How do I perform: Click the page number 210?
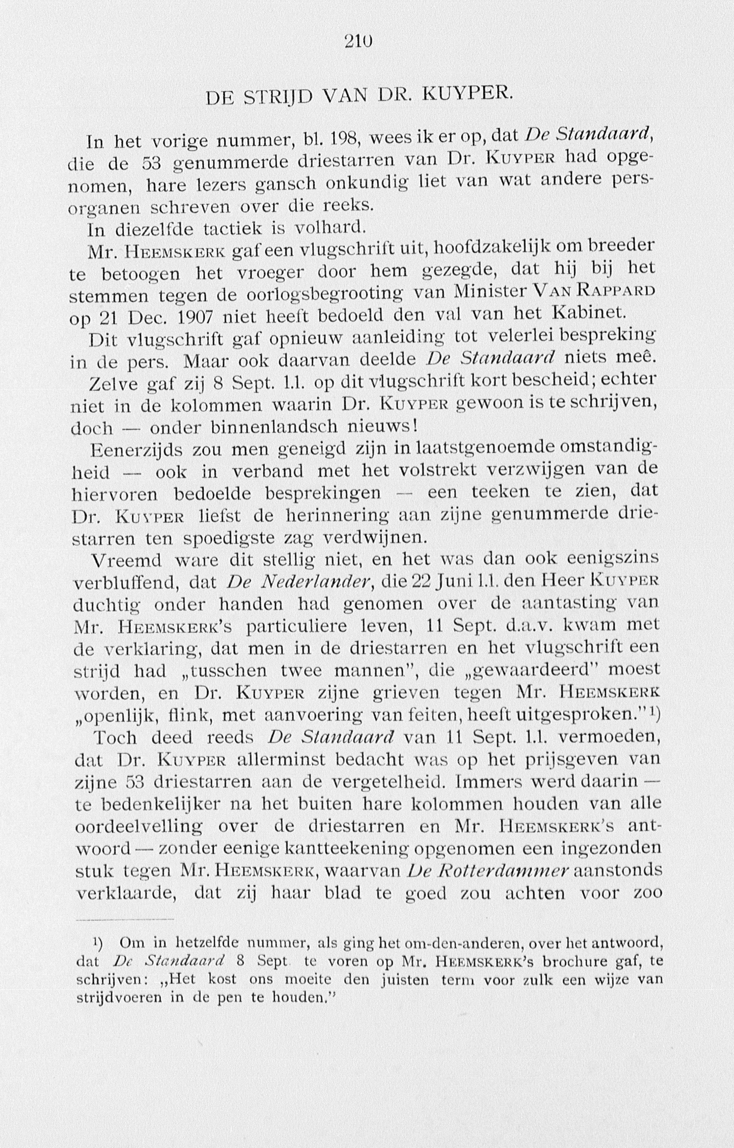(x=358, y=42)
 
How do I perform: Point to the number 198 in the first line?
(x=341, y=139)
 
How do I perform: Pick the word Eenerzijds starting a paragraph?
(x=135, y=450)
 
